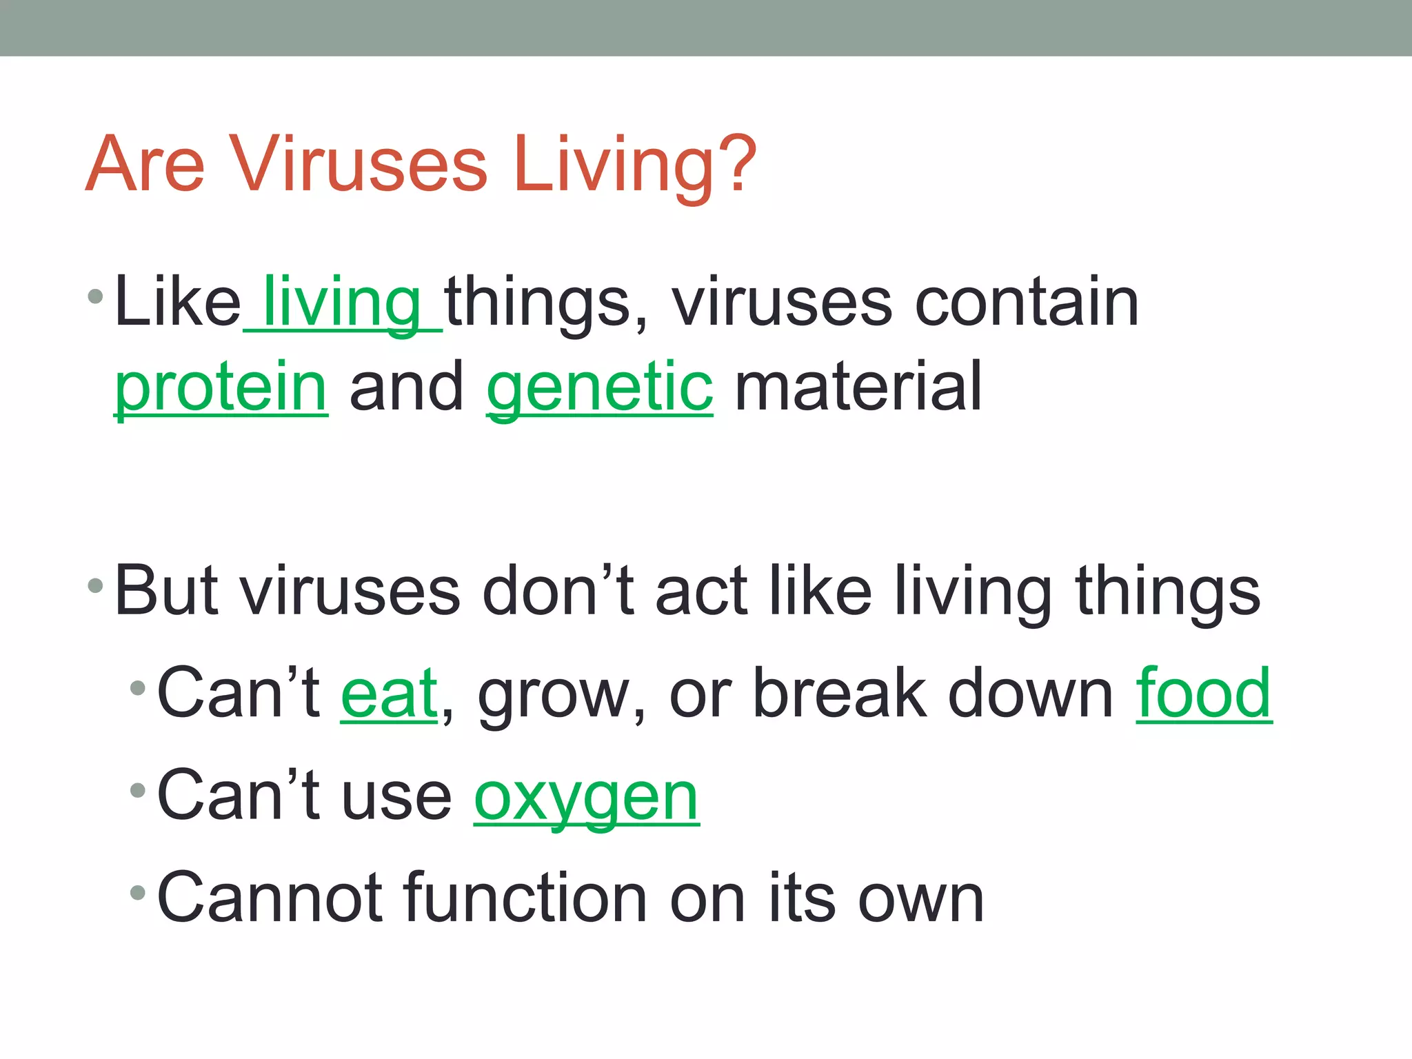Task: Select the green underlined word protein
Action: [221, 387]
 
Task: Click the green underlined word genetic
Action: [599, 387]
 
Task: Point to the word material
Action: [858, 387]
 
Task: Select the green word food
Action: [1203, 694]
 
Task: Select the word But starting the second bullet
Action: [166, 592]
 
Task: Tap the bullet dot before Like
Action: [96, 298]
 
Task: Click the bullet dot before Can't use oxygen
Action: [138, 790]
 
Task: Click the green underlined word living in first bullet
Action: [342, 303]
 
